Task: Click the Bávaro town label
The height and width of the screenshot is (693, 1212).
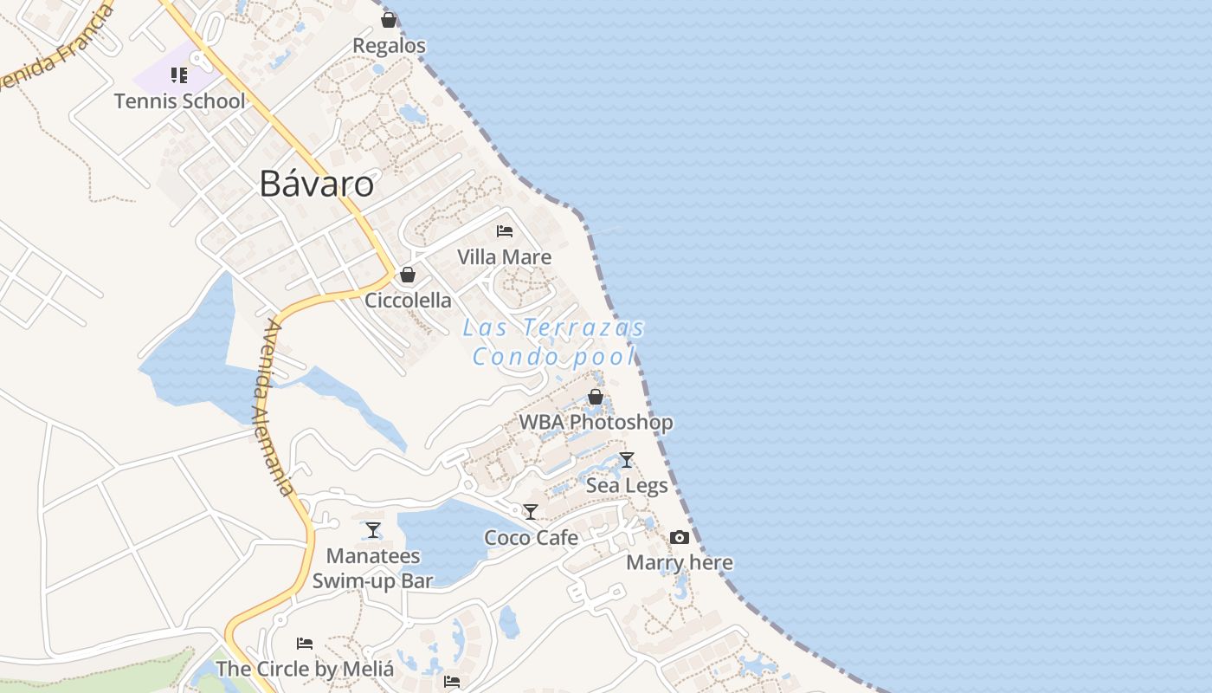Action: pyautogui.click(x=317, y=184)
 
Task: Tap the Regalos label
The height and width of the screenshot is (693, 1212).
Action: pyautogui.click(x=390, y=45)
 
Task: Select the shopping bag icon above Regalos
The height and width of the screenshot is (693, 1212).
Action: pyautogui.click(x=389, y=19)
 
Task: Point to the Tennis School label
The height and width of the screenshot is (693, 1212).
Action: pyautogui.click(x=180, y=100)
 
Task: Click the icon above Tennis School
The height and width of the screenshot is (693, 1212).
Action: pyautogui.click(x=179, y=75)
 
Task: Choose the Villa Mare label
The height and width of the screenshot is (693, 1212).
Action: pyautogui.click(x=504, y=256)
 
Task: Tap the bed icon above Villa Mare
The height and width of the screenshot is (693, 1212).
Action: pyautogui.click(x=505, y=231)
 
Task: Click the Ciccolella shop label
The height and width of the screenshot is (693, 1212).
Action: pyautogui.click(x=408, y=300)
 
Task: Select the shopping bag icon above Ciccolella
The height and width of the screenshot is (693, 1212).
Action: pyautogui.click(x=408, y=275)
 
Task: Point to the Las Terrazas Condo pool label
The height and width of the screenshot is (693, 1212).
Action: pyautogui.click(x=554, y=341)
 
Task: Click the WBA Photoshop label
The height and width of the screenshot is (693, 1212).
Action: pyautogui.click(x=596, y=422)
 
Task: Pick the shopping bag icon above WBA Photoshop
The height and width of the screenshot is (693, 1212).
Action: pyautogui.click(x=596, y=397)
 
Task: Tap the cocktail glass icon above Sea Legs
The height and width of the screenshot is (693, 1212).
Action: pyautogui.click(x=627, y=460)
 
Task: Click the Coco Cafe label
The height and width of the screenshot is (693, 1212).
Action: pyautogui.click(x=531, y=537)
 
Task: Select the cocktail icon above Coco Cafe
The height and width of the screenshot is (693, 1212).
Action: pyautogui.click(x=531, y=512)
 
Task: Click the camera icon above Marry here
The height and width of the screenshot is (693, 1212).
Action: pyautogui.click(x=680, y=537)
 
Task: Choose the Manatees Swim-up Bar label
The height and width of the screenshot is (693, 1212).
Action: pyautogui.click(x=373, y=568)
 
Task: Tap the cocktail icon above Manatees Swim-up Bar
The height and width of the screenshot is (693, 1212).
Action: pyautogui.click(x=373, y=529)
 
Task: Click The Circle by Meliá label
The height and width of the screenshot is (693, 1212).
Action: pyautogui.click(x=305, y=669)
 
